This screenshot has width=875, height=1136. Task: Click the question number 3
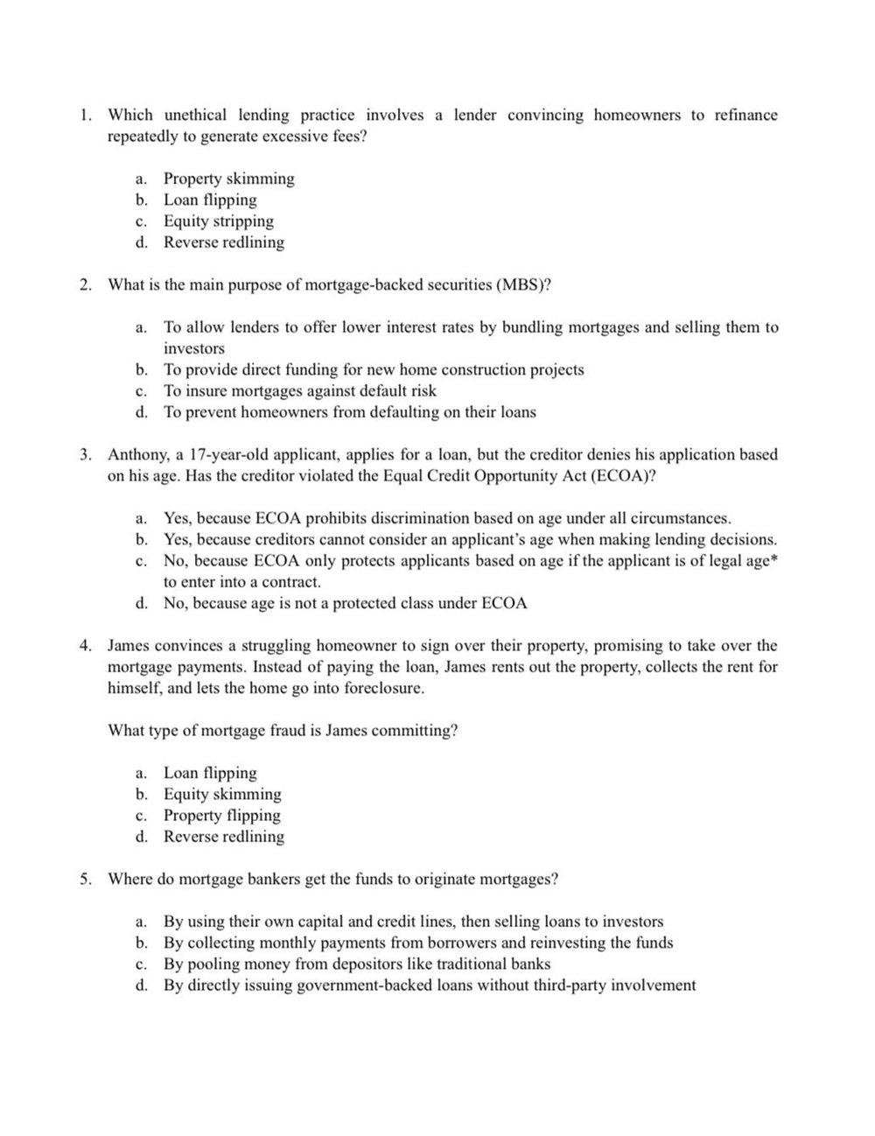point(85,454)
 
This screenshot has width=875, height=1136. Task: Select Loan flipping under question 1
point(210,200)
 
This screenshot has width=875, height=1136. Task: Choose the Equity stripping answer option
point(218,221)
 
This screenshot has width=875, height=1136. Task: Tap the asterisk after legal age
point(773,560)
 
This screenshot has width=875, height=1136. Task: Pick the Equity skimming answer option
point(222,794)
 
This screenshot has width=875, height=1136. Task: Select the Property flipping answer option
point(221,815)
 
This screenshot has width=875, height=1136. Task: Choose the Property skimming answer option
point(228,179)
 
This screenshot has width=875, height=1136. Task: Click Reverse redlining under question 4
point(223,836)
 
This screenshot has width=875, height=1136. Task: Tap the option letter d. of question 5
point(141,985)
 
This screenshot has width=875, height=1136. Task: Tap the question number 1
point(85,115)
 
